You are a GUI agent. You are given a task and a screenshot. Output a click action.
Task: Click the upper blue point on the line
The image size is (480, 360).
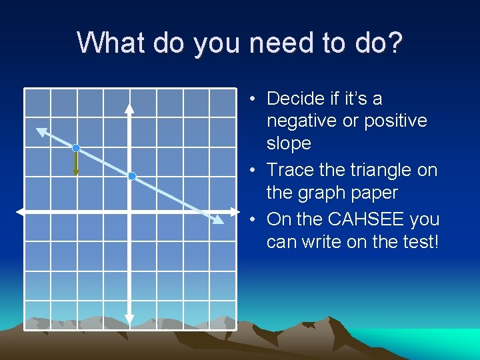pyautogui.click(x=77, y=147)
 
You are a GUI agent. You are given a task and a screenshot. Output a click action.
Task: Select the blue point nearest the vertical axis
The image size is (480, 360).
pyautogui.click(x=132, y=176)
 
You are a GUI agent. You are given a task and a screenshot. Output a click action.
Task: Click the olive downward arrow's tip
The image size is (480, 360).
pyautogui.click(x=77, y=173)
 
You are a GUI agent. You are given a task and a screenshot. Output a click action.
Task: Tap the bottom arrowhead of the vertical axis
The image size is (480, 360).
pyautogui.click(x=129, y=319)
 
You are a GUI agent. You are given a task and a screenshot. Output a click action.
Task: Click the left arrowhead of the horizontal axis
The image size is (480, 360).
pyautogui.click(x=21, y=212)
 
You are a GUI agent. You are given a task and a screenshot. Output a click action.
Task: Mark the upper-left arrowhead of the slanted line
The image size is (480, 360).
pyautogui.click(x=41, y=131)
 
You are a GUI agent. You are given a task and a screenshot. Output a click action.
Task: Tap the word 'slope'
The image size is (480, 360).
pyautogui.click(x=289, y=143)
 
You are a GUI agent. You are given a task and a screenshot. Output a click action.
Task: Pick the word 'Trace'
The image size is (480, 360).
pyautogui.click(x=290, y=170)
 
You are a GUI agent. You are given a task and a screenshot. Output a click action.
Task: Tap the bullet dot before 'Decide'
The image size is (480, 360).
pyautogui.click(x=254, y=99)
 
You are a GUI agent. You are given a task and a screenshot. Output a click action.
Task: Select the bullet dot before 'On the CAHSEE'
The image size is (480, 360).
pyautogui.click(x=254, y=219)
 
